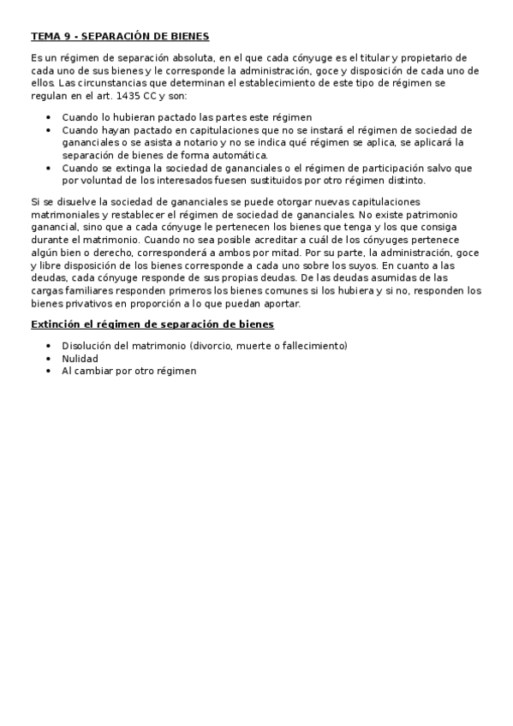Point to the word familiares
click(90, 290)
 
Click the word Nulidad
click(80, 359)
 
